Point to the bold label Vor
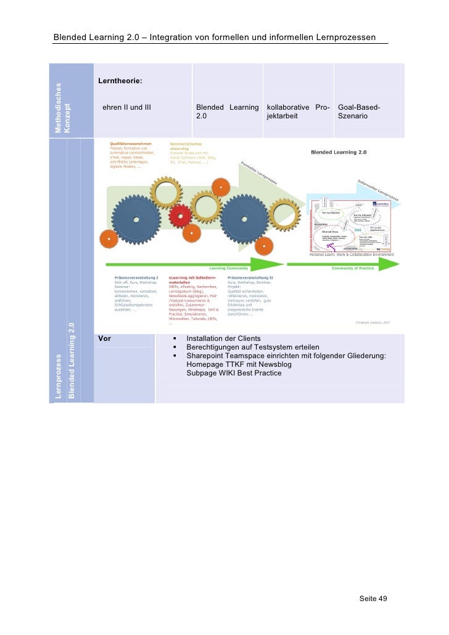coord(104,338)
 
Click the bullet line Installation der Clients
coord(223,338)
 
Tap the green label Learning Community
coord(228,268)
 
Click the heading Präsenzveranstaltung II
coord(250,278)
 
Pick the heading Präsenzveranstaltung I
coord(136,278)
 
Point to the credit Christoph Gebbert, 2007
coord(373,321)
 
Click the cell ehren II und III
coord(126,108)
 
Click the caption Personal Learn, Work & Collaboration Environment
coord(351,254)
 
